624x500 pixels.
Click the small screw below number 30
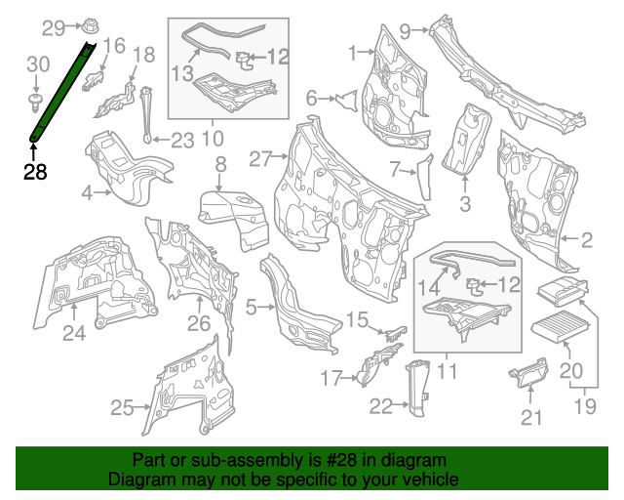tap(36, 98)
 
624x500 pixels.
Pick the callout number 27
tap(260, 157)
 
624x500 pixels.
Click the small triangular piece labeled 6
tap(343, 98)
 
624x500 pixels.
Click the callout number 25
tap(121, 408)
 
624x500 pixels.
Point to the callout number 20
tap(570, 370)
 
